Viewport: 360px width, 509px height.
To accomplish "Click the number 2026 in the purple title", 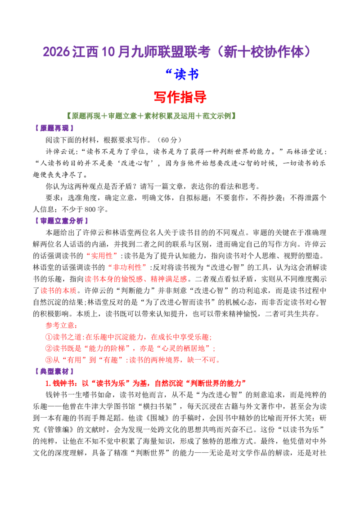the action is (x=56, y=52).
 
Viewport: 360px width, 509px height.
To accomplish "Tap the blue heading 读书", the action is (x=186, y=74).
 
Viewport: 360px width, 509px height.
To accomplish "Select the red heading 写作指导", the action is (x=180, y=97).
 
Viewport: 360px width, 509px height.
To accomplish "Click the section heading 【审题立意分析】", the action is (x=61, y=221).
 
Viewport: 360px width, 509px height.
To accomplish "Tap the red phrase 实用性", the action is (x=102, y=256).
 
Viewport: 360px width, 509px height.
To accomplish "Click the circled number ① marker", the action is (x=49, y=337).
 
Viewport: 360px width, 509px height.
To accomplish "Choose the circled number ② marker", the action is (x=49, y=348).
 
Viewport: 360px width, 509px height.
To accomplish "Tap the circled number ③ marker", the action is (x=49, y=360).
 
